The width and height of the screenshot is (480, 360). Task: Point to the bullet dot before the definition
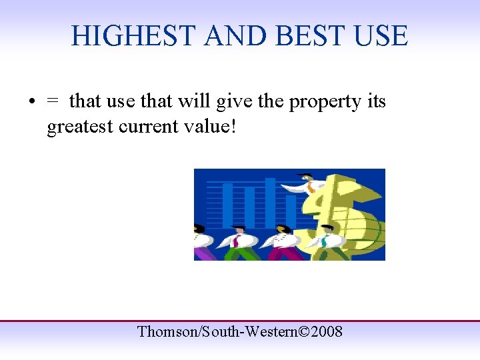coord(31,103)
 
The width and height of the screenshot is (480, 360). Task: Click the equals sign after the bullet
coord(52,102)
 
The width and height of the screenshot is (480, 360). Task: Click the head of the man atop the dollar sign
coord(305,177)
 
